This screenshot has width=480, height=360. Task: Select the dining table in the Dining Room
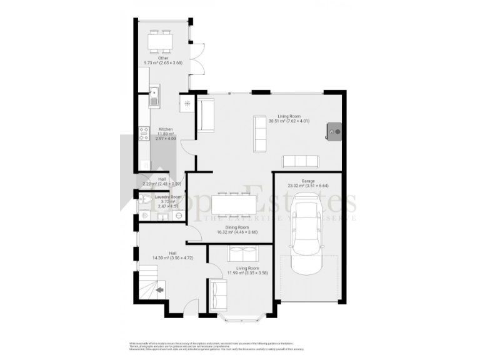pos(234,205)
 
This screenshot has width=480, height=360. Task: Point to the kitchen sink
pos(154,97)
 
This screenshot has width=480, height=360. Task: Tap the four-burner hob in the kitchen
pos(143,132)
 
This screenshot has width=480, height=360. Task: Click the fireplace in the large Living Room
pos(334,131)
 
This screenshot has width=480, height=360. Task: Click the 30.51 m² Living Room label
pos(289,118)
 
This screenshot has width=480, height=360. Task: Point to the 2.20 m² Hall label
pos(161,181)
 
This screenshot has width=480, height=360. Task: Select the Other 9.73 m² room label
pos(162,61)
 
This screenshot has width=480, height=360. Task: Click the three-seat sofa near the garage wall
pos(300,162)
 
